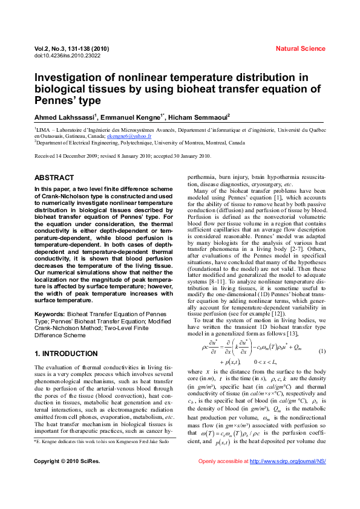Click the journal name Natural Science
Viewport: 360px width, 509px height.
pyautogui.click(x=300, y=48)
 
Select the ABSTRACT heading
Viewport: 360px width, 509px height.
pyautogui.click(x=54, y=178)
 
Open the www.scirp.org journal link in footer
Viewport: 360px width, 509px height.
pyautogui.click(x=288, y=478)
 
